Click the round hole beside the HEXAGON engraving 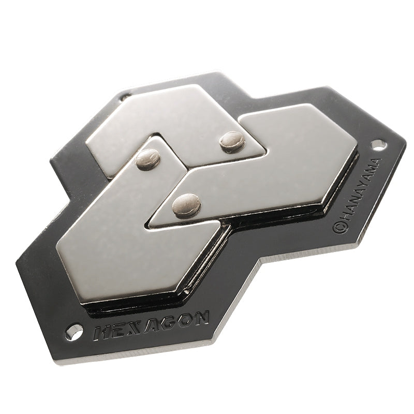pyautogui.click(x=73, y=332)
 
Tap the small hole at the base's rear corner pyautogui.click(x=125, y=96)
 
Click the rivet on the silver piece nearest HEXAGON pyautogui.click(x=148, y=158)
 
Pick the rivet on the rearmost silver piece pyautogui.click(x=232, y=141)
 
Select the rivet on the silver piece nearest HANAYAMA pyautogui.click(x=186, y=204)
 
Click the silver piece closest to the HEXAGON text pyautogui.click(x=129, y=243)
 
